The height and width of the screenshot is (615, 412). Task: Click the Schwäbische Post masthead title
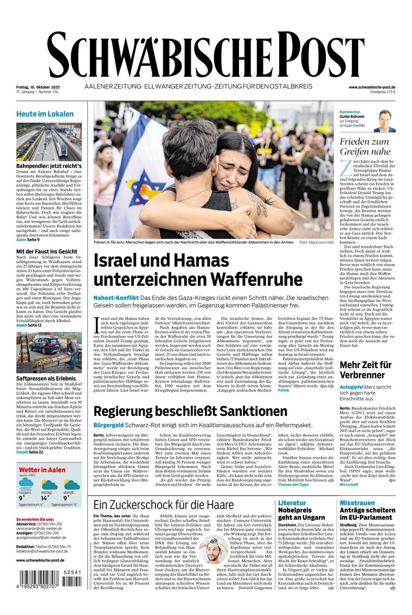206,54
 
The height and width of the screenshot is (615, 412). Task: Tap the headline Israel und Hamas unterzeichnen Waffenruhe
198,270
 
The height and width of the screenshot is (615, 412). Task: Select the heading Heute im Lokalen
45,114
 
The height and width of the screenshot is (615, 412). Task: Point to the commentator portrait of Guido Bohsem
384,121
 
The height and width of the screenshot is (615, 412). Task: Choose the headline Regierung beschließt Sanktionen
190,411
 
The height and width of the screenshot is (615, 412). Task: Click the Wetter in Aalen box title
42,470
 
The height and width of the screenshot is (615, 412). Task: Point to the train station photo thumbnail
49,142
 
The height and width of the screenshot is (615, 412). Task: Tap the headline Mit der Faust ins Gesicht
47,252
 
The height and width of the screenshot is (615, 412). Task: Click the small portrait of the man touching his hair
213,549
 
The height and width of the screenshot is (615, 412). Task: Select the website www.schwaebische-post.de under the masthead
372,87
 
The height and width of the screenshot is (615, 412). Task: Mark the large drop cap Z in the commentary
345,168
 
